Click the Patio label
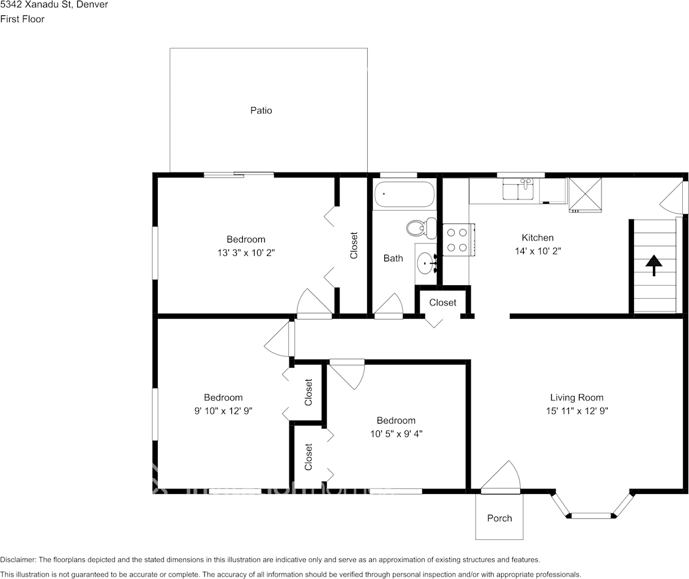point(261,111)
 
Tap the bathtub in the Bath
point(404,195)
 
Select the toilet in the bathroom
point(421,228)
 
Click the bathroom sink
point(425,264)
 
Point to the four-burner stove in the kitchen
point(455,240)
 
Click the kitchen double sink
point(519,189)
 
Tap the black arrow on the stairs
point(654,265)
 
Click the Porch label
point(499,518)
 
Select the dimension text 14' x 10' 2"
point(538,251)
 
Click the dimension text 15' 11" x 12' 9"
point(576,411)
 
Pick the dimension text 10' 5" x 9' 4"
point(396,433)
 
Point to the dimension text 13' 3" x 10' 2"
point(246,252)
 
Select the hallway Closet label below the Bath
point(442,302)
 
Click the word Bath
point(393,258)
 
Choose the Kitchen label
point(537,237)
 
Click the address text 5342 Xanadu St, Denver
point(54,5)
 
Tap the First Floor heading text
point(23,19)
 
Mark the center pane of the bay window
point(591,515)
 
